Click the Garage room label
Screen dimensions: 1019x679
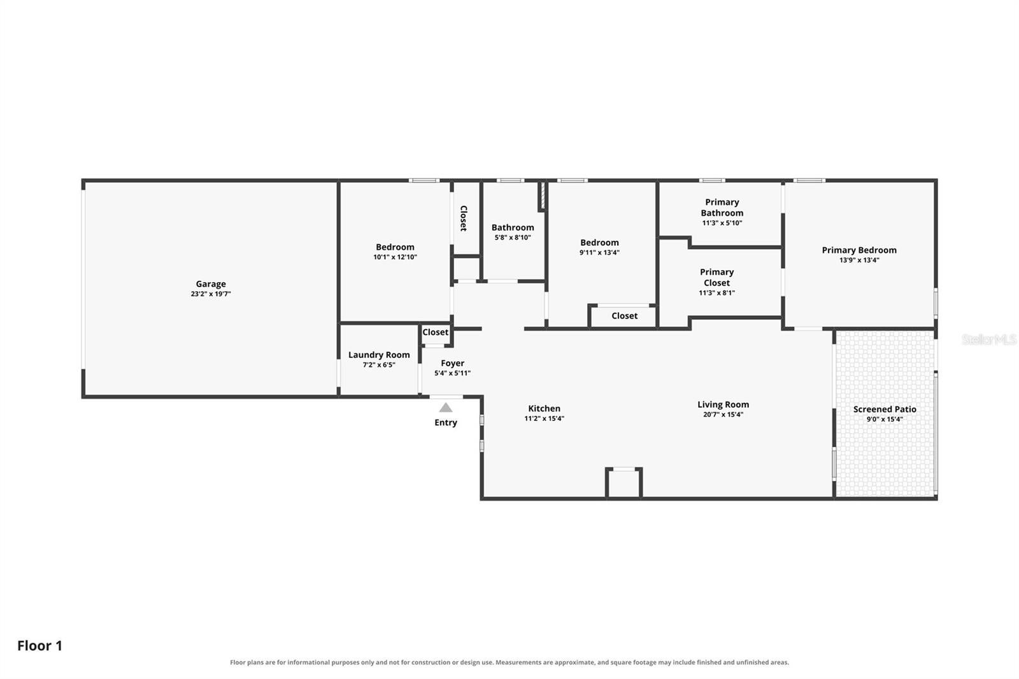(211, 284)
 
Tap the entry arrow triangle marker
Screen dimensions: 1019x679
(446, 407)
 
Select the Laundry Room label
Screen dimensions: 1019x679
(379, 355)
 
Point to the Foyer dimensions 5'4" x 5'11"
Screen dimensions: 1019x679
(452, 373)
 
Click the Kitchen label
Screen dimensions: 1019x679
(544, 409)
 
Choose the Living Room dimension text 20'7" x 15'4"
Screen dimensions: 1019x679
(723, 415)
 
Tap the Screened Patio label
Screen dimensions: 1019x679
(885, 409)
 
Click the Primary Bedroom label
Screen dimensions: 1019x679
(859, 250)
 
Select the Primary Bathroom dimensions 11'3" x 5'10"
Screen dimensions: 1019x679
(722, 223)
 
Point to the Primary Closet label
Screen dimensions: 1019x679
(717, 277)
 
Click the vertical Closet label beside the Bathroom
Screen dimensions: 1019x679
(464, 218)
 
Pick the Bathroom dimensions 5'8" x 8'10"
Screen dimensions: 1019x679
(513, 238)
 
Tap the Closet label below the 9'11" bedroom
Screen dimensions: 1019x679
(624, 316)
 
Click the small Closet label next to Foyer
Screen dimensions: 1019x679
(436, 332)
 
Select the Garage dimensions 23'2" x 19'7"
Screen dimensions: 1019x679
(211, 294)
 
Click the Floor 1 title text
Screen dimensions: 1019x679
(39, 646)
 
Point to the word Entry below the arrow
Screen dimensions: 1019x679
(446, 423)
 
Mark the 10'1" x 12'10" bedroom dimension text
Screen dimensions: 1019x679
(395, 257)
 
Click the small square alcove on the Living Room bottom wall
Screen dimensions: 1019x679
(624, 483)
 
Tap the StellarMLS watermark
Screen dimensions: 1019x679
(989, 339)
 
